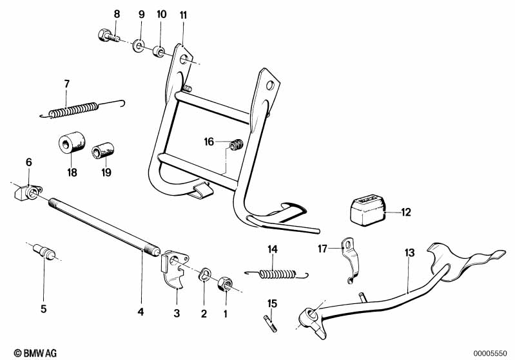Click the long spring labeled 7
(71, 109)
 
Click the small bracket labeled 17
(348, 261)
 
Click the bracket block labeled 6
(28, 191)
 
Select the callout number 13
(410, 252)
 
